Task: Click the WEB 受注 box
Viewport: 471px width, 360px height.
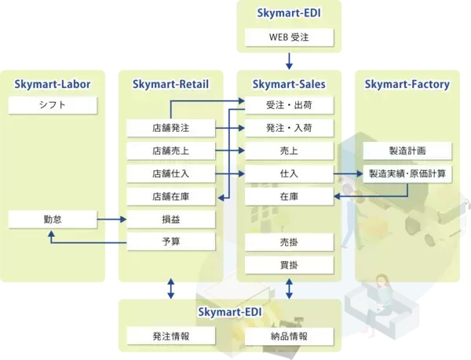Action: pos(290,38)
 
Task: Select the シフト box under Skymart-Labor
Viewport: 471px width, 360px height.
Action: pos(53,104)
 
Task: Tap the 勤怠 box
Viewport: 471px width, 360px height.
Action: pos(53,218)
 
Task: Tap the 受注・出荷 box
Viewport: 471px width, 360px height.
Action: pos(290,104)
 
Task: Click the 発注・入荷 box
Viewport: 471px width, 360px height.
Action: pos(290,127)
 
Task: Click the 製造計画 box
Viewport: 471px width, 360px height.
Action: pos(407,150)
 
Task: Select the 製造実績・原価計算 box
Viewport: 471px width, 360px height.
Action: pos(407,173)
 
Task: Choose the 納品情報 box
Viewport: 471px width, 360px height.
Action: pos(290,336)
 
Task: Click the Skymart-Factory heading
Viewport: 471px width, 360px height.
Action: pos(407,83)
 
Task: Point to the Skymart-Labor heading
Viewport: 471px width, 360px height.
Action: pos(53,83)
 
